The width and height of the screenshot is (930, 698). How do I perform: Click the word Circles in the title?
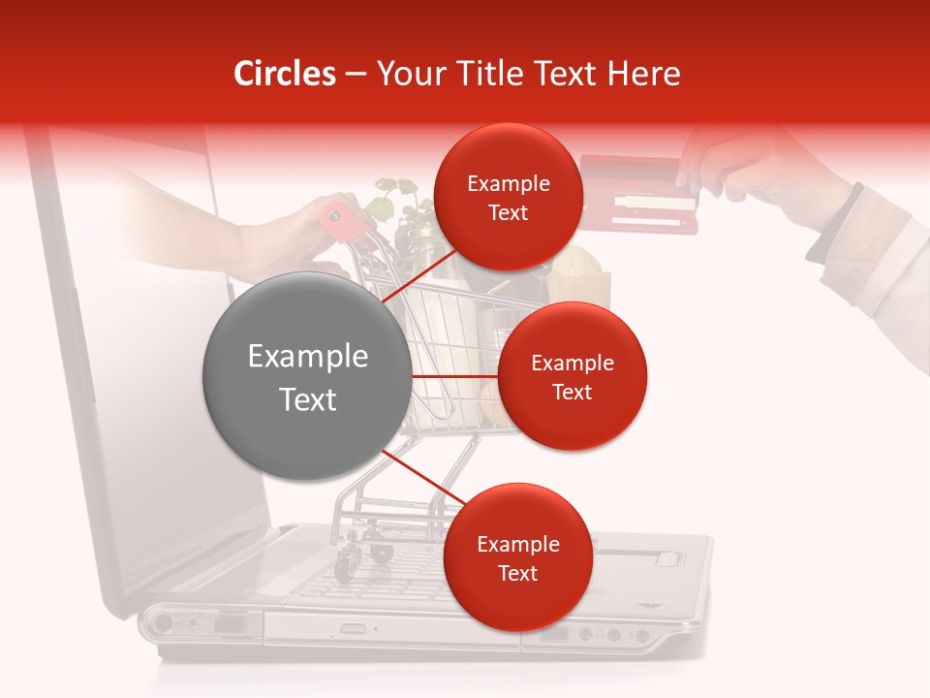(284, 74)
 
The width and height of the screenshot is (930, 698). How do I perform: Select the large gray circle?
(307, 376)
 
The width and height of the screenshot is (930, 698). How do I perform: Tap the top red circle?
(508, 198)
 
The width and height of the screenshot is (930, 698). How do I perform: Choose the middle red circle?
(572, 376)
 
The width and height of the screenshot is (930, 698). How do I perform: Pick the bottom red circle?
(517, 557)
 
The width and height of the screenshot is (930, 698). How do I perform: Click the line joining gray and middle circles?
(454, 376)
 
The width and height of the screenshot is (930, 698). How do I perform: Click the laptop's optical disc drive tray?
(387, 628)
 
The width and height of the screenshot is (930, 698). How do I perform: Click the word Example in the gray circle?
(307, 356)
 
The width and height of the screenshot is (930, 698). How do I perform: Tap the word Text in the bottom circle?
(517, 573)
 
